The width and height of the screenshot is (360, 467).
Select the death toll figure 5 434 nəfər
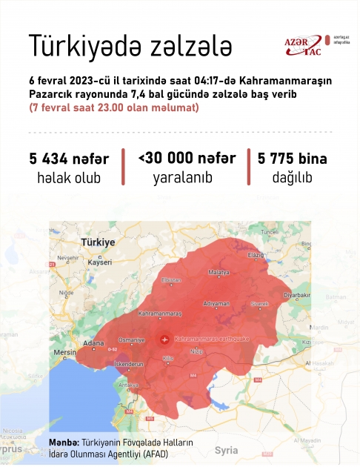[x=69, y=159]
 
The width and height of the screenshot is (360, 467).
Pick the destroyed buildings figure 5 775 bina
[x=292, y=159]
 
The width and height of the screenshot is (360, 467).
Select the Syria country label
[x=226, y=449]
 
